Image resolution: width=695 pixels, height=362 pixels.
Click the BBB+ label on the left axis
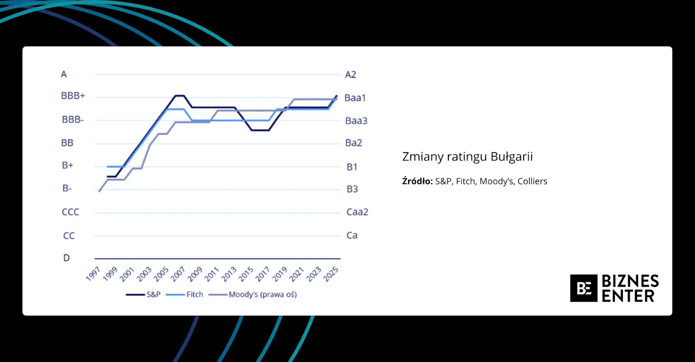[x=73, y=96]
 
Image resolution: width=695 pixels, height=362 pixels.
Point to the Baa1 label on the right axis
[x=355, y=98]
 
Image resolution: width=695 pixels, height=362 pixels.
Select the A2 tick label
[x=350, y=74]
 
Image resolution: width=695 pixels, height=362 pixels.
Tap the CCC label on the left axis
[x=70, y=212]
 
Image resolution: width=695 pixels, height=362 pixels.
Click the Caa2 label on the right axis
[x=357, y=212]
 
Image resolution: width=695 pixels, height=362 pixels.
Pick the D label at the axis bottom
[x=66, y=258]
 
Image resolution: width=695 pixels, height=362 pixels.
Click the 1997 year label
[x=93, y=274]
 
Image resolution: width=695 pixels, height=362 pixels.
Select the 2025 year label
[x=331, y=274]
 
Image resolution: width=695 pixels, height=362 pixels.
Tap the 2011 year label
[x=212, y=274]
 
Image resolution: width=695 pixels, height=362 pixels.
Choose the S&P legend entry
[x=153, y=295]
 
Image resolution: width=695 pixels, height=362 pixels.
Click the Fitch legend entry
[x=194, y=295]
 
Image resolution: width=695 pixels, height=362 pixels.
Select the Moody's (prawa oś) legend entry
[x=263, y=295]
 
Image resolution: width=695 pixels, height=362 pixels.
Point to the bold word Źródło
[x=417, y=181]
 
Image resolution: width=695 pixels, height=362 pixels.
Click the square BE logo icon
[x=583, y=288]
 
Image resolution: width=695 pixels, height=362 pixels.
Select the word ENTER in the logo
[x=628, y=296]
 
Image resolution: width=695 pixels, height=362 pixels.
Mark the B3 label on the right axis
[x=352, y=189]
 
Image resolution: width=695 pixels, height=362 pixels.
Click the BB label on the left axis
[x=67, y=143]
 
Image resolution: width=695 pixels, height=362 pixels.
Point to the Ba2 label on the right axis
[x=353, y=143]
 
